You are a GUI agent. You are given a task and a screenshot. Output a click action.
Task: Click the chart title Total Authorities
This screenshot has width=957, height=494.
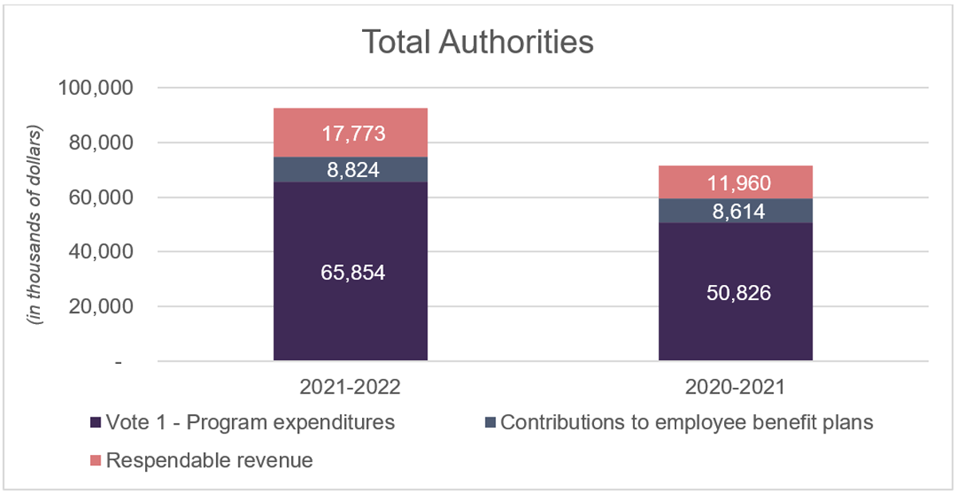click(478, 41)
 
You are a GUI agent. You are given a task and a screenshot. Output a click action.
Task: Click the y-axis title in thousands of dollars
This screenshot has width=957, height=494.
click(36, 223)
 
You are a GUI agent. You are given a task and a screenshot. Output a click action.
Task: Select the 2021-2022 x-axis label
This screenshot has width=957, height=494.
click(350, 389)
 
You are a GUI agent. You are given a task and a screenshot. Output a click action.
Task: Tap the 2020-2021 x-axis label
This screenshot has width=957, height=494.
click(735, 389)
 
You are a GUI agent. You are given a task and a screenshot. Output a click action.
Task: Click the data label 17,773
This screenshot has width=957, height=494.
click(350, 132)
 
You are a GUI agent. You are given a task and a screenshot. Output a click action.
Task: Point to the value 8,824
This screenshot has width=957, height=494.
click(350, 170)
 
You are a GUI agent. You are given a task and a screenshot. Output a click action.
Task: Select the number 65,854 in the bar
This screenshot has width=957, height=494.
click(350, 272)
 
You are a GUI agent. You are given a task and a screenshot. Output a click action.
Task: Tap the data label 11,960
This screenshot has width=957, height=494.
click(735, 183)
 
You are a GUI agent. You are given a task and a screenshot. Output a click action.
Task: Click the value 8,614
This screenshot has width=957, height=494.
click(735, 211)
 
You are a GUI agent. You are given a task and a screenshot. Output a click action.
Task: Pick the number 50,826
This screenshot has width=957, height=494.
click(735, 292)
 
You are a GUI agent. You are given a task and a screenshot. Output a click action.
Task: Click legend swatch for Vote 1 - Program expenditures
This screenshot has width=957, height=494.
click(95, 423)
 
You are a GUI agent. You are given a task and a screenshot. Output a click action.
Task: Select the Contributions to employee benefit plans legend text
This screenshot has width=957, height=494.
click(687, 422)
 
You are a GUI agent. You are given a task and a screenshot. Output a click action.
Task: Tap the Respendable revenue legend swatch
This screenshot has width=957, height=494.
click(95, 460)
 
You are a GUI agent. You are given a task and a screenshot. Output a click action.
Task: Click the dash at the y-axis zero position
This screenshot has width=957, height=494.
click(118, 362)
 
